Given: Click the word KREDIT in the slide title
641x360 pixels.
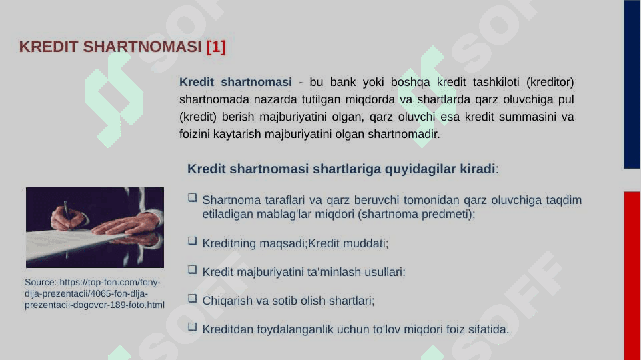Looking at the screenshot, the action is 48,47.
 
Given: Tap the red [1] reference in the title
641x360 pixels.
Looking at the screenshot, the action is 216,47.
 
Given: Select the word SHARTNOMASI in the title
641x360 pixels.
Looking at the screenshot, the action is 142,47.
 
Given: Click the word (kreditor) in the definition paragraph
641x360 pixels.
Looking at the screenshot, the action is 550,82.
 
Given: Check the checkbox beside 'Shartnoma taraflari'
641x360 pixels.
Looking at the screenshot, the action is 193,198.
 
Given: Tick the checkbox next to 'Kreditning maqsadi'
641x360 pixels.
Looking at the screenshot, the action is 193,241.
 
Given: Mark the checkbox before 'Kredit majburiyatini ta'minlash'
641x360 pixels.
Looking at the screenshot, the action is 193,270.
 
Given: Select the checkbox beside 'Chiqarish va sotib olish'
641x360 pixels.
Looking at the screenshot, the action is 193,298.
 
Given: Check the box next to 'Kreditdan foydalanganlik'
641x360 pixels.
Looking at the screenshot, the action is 193,327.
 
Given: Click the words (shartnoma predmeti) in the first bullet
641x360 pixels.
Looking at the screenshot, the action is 416,215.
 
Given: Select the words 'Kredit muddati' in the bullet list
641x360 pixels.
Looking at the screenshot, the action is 348,243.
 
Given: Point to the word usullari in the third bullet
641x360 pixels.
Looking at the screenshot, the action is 384,272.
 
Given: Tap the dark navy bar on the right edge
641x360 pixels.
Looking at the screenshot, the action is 632,84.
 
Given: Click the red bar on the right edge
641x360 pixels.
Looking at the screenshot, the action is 632,276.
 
